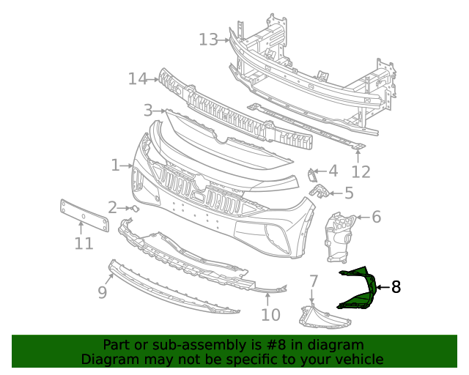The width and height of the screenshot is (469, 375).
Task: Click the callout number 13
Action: (x=208, y=39)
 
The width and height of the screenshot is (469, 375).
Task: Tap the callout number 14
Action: (x=138, y=78)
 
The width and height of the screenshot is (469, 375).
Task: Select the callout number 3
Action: (x=148, y=111)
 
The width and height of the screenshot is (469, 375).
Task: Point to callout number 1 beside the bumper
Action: (x=115, y=166)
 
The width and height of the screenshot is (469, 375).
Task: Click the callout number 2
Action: (x=112, y=207)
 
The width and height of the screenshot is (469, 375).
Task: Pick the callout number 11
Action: (x=84, y=243)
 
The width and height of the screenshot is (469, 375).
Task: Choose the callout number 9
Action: (x=103, y=292)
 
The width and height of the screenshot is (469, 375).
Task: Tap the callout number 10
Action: (x=270, y=315)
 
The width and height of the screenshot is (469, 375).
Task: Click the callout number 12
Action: (x=361, y=172)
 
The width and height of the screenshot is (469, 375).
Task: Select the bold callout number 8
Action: (x=396, y=287)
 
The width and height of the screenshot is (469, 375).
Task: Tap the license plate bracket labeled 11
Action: (x=84, y=213)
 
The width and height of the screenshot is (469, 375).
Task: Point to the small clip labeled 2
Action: (x=135, y=208)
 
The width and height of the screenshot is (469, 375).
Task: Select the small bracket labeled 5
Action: (x=320, y=191)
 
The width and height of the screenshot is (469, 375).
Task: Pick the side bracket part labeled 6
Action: (x=338, y=234)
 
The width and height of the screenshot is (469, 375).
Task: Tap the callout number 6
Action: (x=376, y=217)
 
